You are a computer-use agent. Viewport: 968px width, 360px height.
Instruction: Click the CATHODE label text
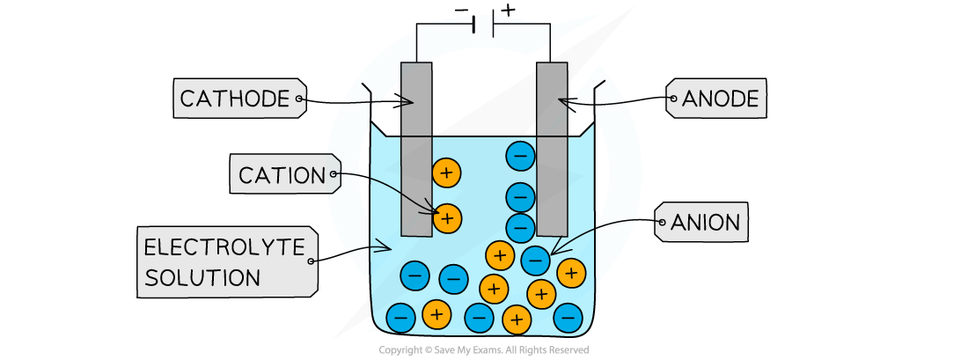tap(234, 99)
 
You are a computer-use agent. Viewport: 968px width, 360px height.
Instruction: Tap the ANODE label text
tap(720, 99)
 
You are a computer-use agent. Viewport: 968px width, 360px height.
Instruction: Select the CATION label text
tap(282, 175)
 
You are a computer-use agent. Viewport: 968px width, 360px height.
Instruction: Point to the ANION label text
tap(705, 223)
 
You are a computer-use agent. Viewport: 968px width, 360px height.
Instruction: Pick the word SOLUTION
tap(202, 278)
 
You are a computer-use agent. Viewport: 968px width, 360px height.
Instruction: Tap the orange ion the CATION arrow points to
tap(447, 217)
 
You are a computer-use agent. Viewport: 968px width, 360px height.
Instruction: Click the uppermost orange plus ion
tap(446, 173)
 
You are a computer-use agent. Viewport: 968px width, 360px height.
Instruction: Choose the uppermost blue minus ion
tap(520, 157)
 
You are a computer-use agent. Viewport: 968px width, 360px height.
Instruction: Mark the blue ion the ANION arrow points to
tap(535, 261)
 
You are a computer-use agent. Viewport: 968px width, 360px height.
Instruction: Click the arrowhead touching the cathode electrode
tap(409, 102)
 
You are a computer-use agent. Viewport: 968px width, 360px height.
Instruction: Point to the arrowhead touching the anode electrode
tap(562, 102)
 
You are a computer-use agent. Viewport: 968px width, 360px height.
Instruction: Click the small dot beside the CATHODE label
tap(299, 99)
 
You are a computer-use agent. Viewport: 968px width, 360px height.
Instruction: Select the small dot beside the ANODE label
tap(673, 99)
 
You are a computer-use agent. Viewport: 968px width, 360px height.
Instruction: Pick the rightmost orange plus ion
tap(571, 274)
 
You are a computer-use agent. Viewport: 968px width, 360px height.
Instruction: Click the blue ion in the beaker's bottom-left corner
tap(401, 314)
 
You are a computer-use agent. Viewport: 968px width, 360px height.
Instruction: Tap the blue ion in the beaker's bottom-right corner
tap(568, 315)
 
